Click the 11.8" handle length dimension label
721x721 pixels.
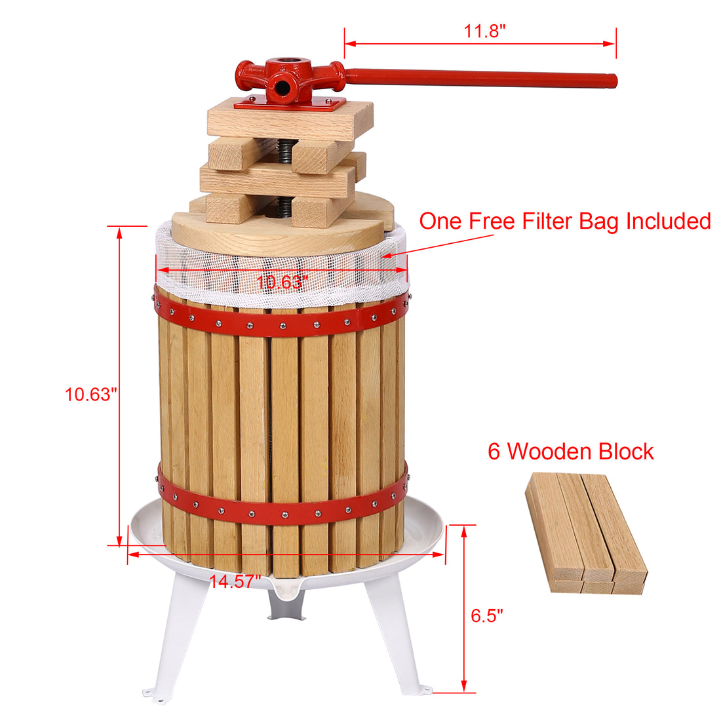[484, 31]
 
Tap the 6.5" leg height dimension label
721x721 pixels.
[486, 615]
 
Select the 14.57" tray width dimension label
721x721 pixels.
[235, 581]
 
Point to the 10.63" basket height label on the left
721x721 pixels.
[90, 395]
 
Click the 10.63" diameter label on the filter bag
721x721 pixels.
[281, 283]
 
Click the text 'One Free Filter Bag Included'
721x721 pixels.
[564, 221]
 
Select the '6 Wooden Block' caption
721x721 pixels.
[570, 452]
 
